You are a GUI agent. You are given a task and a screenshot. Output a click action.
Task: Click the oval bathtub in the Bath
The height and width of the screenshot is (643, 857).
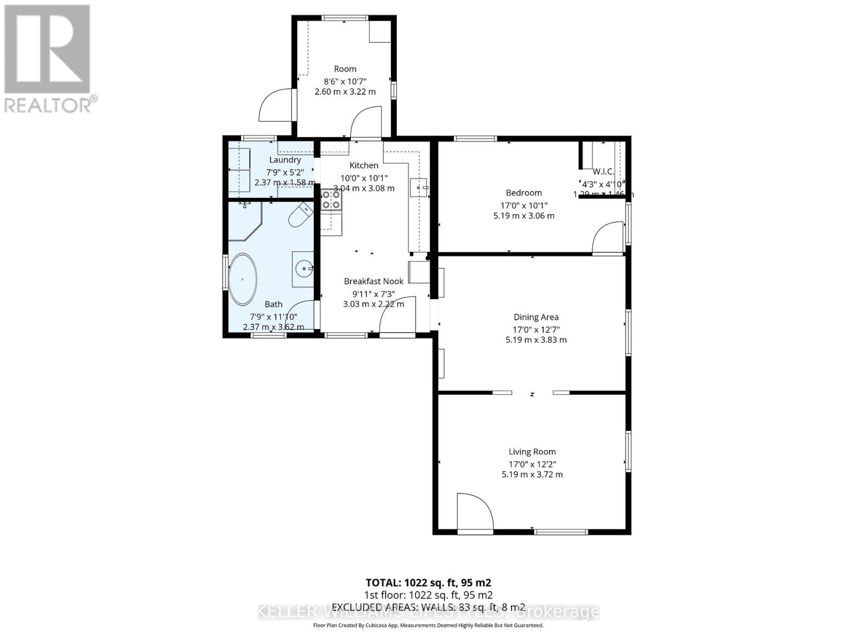pyautogui.click(x=243, y=279)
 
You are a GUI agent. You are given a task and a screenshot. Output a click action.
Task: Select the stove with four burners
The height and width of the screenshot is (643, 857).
pyautogui.click(x=331, y=200)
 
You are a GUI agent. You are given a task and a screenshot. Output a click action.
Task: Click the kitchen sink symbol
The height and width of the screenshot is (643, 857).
pyautogui.click(x=419, y=188)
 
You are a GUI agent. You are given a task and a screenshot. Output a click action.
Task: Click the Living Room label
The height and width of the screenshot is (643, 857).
pyautogui.click(x=532, y=452)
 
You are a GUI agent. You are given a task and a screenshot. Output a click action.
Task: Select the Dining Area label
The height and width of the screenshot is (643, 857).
pyautogui.click(x=536, y=317)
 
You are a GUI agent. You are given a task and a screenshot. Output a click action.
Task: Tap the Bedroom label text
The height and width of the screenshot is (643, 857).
pyautogui.click(x=524, y=193)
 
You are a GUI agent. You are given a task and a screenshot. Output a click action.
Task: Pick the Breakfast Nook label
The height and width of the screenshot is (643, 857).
pyautogui.click(x=373, y=281)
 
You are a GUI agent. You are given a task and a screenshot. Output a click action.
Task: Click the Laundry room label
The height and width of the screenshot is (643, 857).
pyautogui.click(x=285, y=160)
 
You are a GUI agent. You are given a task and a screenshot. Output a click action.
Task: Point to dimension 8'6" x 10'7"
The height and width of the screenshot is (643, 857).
pyautogui.click(x=345, y=81)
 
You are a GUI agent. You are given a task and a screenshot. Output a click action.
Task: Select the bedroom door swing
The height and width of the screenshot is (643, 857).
pyautogui.click(x=608, y=237)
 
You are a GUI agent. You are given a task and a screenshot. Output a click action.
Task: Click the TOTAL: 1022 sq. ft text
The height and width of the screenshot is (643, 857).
pyautogui.click(x=428, y=582)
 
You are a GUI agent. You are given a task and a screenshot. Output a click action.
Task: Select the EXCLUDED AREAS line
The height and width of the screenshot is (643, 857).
pyautogui.click(x=428, y=607)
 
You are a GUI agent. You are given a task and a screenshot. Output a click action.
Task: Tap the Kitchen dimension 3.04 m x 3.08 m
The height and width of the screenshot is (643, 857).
pyautogui.click(x=364, y=188)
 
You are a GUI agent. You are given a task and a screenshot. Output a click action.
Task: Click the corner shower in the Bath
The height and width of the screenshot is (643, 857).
pyautogui.click(x=244, y=221)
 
